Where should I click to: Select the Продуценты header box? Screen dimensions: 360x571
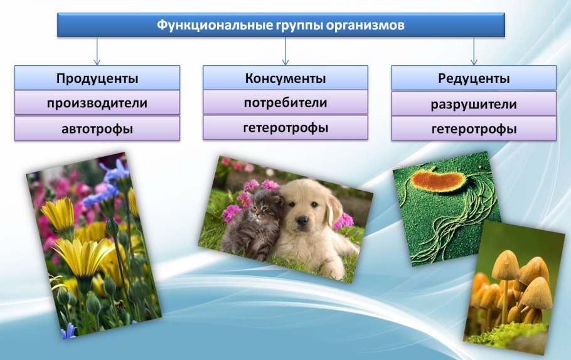[x=97, y=78]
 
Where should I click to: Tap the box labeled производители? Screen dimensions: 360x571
[x=97, y=103]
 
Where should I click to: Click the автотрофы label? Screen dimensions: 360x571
[x=97, y=128]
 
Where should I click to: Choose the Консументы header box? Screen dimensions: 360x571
[x=285, y=78]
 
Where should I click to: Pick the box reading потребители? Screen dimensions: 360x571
[x=285, y=102]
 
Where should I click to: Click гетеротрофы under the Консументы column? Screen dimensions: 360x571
[x=285, y=127]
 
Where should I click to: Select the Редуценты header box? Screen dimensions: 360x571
[x=474, y=78]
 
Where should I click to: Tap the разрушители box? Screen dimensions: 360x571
[x=474, y=103]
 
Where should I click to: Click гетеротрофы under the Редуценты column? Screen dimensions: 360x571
[x=474, y=129]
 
